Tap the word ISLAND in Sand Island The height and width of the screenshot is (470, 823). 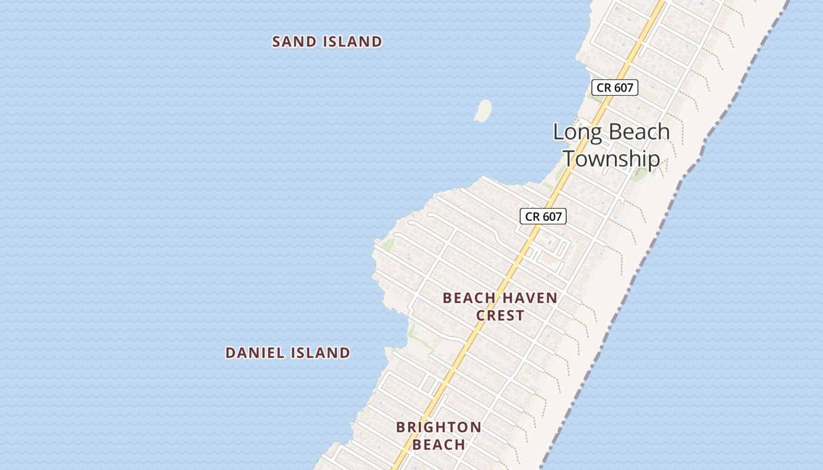[x=352, y=42]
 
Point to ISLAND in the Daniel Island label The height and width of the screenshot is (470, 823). [x=321, y=352]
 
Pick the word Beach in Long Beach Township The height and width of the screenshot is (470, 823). [x=640, y=132]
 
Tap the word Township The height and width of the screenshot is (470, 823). [x=611, y=159]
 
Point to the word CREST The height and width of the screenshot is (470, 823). [x=500, y=315]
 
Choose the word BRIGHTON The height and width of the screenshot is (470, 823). [x=439, y=427]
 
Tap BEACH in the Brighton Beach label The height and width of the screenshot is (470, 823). [x=439, y=445]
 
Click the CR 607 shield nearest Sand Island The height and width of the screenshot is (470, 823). [x=614, y=88]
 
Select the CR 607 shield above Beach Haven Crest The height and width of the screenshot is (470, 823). [x=543, y=216]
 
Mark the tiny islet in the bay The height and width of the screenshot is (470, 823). [x=483, y=110]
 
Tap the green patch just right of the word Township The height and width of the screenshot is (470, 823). [x=639, y=173]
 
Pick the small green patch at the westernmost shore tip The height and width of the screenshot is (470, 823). [x=388, y=243]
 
